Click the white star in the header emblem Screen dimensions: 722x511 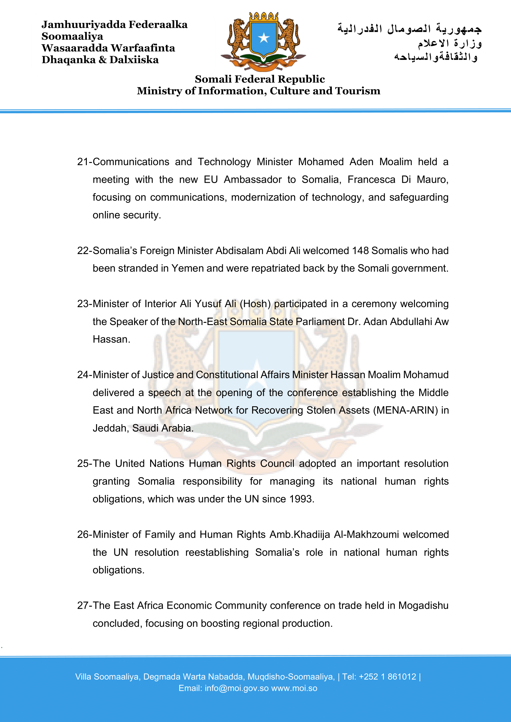point(264,38)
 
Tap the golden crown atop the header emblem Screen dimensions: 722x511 point(264,16)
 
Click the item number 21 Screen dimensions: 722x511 point(83,162)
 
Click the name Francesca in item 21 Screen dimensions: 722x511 point(371,180)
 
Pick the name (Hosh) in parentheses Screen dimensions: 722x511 point(255,304)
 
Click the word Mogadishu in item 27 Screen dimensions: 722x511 point(423,606)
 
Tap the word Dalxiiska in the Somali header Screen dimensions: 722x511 point(134,60)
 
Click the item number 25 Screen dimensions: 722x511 point(83,464)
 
